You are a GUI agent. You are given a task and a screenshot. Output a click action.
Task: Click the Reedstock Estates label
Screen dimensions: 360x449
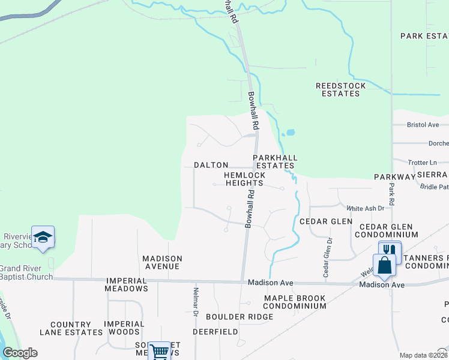[x=340, y=89]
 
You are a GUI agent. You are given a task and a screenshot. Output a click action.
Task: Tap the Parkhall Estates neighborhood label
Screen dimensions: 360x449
[x=275, y=161]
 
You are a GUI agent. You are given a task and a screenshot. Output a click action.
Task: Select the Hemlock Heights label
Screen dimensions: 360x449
[x=244, y=179]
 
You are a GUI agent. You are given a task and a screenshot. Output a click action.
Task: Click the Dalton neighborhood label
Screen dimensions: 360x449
[x=211, y=165]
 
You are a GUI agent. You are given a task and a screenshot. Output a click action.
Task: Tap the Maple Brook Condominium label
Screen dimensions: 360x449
[x=294, y=302]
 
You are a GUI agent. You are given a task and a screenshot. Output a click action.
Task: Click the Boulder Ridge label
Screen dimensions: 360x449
[x=231, y=317]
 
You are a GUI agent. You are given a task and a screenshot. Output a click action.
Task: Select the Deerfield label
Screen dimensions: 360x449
[x=215, y=331]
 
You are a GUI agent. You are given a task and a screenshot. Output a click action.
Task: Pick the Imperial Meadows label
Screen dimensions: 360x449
[x=127, y=284]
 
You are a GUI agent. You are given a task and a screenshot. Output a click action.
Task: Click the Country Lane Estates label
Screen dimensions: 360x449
[x=71, y=328]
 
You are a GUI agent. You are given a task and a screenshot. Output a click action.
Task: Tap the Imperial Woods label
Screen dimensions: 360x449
[x=124, y=328]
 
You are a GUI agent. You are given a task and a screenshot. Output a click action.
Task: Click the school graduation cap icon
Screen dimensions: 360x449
[x=43, y=237]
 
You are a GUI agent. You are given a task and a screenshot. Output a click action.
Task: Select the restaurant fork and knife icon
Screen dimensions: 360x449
[x=390, y=250]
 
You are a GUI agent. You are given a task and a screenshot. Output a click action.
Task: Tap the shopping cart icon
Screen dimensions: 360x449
[x=159, y=352]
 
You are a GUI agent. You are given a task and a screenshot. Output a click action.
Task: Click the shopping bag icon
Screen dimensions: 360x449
[x=384, y=264]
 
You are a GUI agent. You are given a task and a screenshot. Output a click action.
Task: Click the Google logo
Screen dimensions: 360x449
[x=20, y=353]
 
